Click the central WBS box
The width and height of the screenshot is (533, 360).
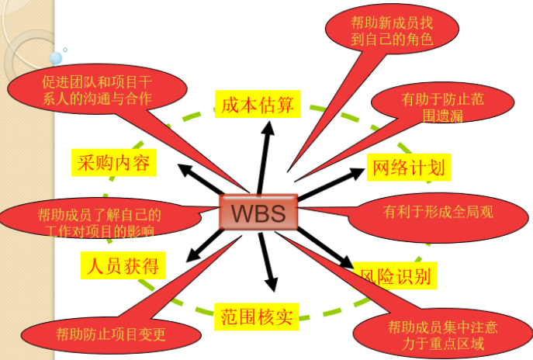(x=258, y=212)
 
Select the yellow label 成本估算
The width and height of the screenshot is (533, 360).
(x=257, y=105)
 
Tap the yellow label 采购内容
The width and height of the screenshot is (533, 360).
(x=114, y=163)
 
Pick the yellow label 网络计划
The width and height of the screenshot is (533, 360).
(x=408, y=168)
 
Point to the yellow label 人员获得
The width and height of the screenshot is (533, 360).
(x=123, y=266)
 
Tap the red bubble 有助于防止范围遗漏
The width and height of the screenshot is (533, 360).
(x=442, y=106)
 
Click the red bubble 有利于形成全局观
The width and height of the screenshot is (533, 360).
(x=438, y=211)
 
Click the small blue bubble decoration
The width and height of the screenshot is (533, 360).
(x=56, y=57)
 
